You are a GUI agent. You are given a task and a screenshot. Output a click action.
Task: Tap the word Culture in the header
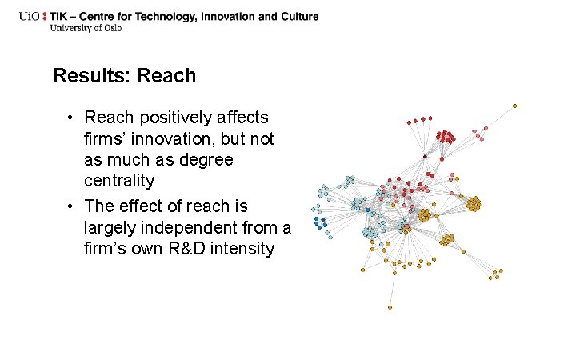pos(297,16)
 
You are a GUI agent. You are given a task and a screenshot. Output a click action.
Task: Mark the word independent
pos(192,228)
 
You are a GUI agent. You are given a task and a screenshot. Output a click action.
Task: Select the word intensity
pos(242,249)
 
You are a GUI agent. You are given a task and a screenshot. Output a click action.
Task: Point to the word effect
pos(142,206)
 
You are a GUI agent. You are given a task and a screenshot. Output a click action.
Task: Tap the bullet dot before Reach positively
pos(70,118)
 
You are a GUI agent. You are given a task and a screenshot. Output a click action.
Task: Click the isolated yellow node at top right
pos(514,105)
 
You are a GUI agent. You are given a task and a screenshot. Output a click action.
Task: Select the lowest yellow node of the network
pos(390,307)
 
